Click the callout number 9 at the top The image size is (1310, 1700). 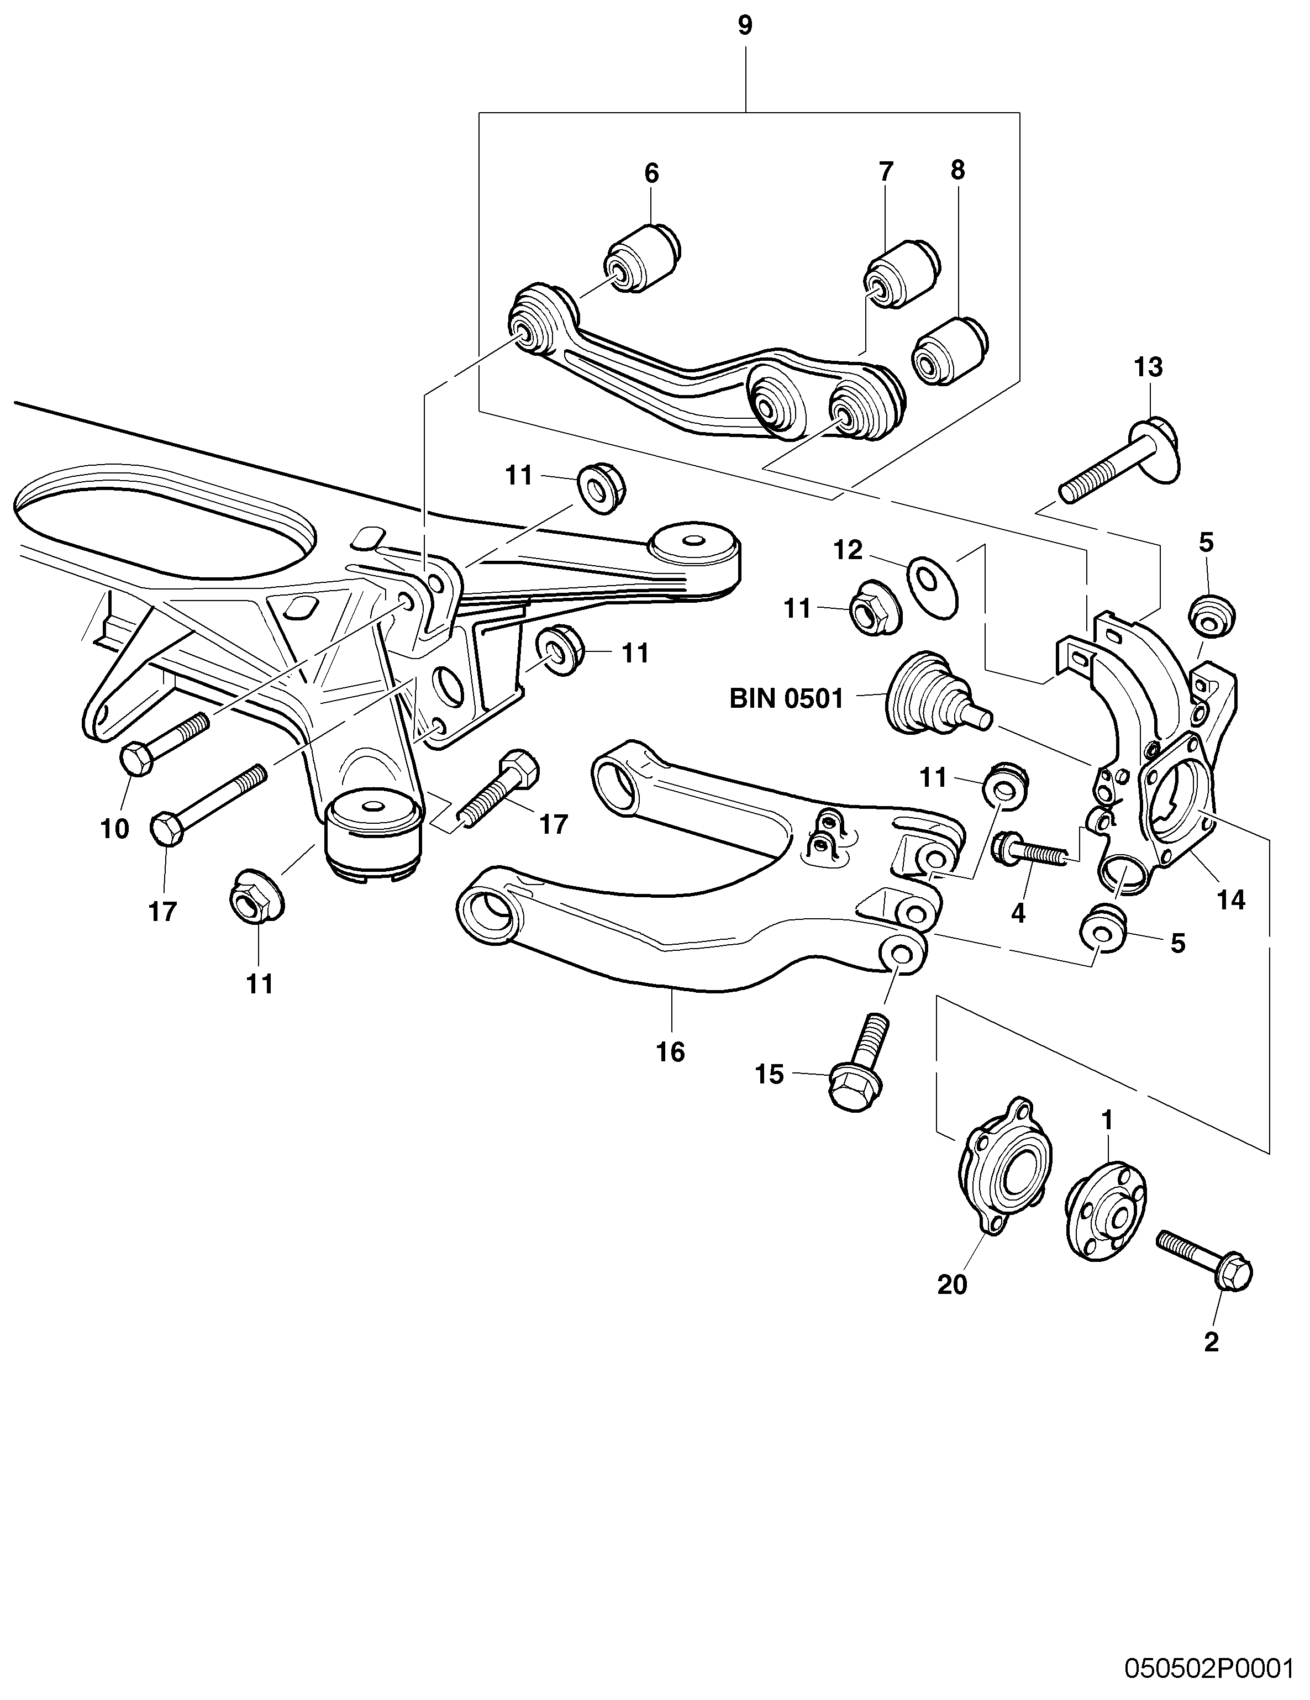[x=744, y=27]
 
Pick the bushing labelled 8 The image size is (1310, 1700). [x=951, y=350]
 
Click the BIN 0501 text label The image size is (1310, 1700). [x=786, y=698]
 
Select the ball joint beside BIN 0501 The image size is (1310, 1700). [x=934, y=693]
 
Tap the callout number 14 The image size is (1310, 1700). [x=1230, y=900]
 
